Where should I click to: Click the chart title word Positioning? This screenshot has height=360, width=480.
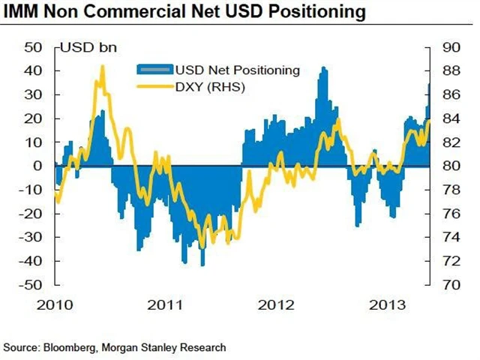[313, 13]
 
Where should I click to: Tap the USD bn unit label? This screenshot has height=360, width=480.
[85, 50]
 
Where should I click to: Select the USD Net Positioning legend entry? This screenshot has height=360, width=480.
[237, 70]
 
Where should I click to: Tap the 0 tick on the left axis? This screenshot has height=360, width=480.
[40, 166]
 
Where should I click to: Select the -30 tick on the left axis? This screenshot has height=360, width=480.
[32, 237]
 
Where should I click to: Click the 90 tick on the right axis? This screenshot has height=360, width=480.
[450, 47]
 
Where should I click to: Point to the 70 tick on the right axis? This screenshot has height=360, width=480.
[450, 285]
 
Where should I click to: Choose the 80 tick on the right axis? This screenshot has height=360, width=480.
[450, 166]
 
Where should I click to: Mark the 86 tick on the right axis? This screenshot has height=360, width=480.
[450, 94]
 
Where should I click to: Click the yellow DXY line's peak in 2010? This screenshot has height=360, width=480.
[102, 67]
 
